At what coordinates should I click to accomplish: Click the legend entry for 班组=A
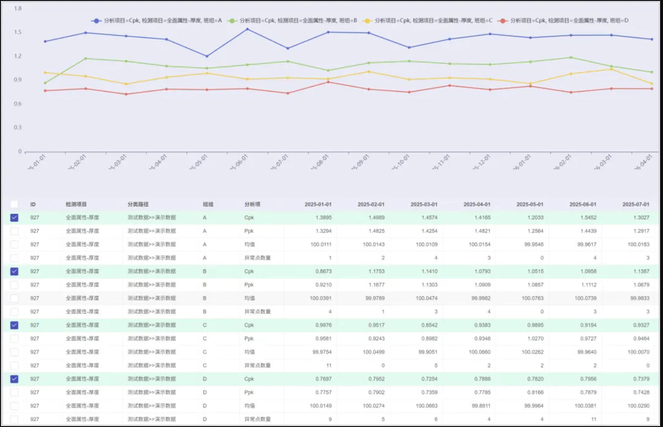156,20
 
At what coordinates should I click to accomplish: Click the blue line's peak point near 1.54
248,29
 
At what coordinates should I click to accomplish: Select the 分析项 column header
252,204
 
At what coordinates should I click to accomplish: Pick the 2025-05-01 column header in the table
530,204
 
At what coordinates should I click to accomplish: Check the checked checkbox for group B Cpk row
14,271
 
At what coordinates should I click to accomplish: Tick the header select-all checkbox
14,204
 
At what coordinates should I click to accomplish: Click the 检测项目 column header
76,204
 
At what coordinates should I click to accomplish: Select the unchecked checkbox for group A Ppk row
14,231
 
